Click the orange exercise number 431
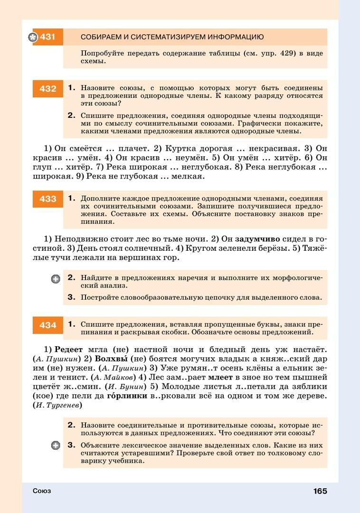[x=48, y=37]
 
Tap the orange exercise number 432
[x=48, y=89]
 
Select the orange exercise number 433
[x=48, y=199]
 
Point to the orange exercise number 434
[x=48, y=325]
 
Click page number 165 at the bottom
[x=320, y=491]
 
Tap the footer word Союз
[x=42, y=491]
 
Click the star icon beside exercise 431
[x=32, y=37]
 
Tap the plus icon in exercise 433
[x=56, y=279]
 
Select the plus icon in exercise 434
[x=56, y=446]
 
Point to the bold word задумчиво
[x=257, y=239]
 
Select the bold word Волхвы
[x=112, y=359]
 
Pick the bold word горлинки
[x=127, y=396]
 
